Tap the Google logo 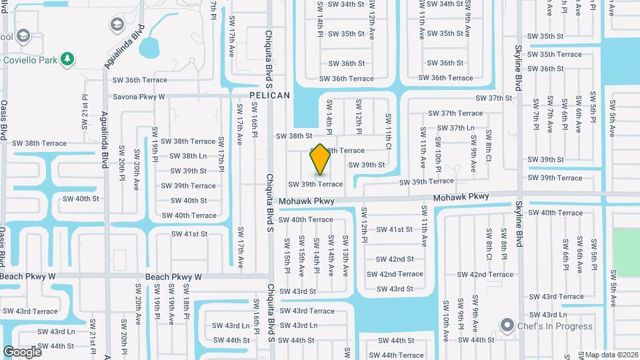point(22,351)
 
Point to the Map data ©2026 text point(611,355)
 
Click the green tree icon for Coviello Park point(67,59)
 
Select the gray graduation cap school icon point(117,25)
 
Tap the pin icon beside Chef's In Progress point(508,326)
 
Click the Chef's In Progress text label point(555,326)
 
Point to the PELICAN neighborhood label point(269,95)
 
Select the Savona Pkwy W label point(139,97)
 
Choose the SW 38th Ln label point(189,156)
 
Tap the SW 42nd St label point(395,259)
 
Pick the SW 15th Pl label point(287,255)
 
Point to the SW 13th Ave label point(345,255)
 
